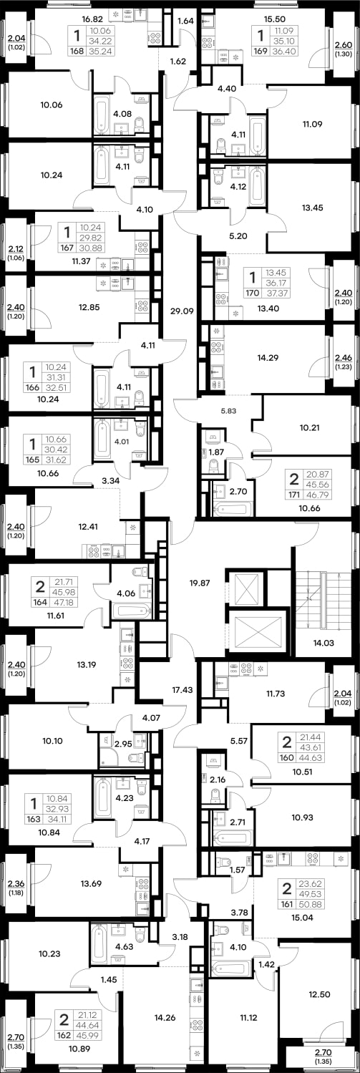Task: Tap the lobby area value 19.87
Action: [200, 583]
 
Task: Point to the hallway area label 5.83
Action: [228, 411]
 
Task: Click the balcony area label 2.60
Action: [343, 45]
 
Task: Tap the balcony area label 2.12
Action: [16, 248]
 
